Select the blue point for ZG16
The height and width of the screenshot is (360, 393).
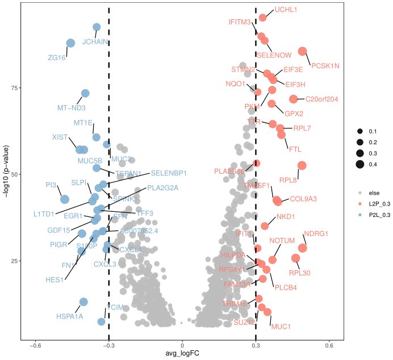tap(70, 43)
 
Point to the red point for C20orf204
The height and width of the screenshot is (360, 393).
tap(294, 99)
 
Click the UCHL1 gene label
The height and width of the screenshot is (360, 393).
tap(286, 10)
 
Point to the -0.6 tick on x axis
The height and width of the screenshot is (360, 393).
tap(35, 345)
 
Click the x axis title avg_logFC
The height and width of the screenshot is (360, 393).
tap(182, 354)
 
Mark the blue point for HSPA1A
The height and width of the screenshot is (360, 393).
tap(83, 302)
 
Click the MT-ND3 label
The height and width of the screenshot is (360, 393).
tap(72, 107)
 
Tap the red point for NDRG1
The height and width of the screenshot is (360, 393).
tap(302, 248)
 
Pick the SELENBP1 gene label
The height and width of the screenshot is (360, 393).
tap(169, 173)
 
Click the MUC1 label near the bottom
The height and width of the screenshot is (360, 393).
tap(281, 326)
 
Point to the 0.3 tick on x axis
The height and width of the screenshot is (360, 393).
tap(256, 345)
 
